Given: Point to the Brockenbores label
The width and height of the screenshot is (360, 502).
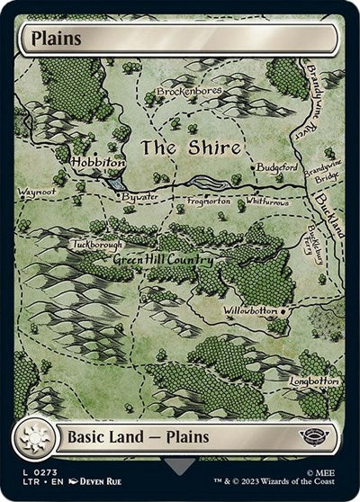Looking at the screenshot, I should [189, 92].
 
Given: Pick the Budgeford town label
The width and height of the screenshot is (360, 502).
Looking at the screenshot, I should [275, 167].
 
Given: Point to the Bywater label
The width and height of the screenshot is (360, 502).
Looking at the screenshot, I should [140, 195].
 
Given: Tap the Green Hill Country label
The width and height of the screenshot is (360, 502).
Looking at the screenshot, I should [162, 260].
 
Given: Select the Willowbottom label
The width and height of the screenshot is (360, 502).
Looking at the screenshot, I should [251, 311].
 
